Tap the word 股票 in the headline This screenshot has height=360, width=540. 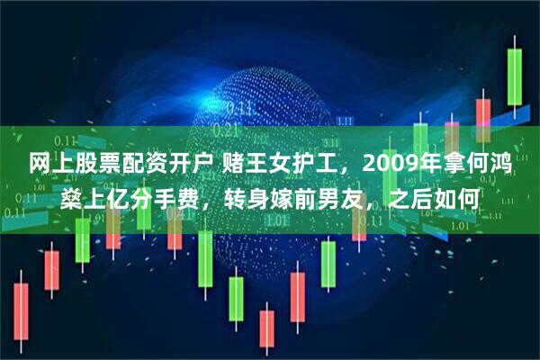(x=95, y=166)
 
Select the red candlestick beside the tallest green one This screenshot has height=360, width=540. (x=482, y=115)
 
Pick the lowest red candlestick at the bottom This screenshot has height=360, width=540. (x=266, y=328)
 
